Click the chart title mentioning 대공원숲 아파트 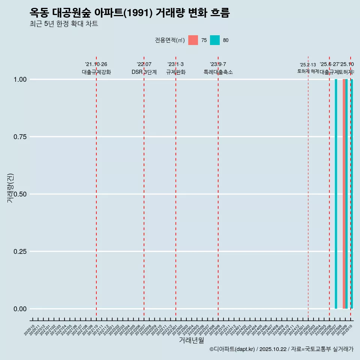click(129, 13)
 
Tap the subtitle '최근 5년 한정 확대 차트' click(64, 24)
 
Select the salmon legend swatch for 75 click(193, 40)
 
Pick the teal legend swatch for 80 click(215, 40)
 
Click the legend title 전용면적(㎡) click(169, 40)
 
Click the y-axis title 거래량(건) click(10, 187)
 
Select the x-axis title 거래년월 click(191, 340)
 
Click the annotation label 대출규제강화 click(96, 72)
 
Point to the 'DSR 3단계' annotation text click(144, 72)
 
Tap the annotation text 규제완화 click(176, 72)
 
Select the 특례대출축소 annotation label click(218, 72)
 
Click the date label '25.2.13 click(308, 65)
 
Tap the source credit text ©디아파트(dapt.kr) click(232, 349)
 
